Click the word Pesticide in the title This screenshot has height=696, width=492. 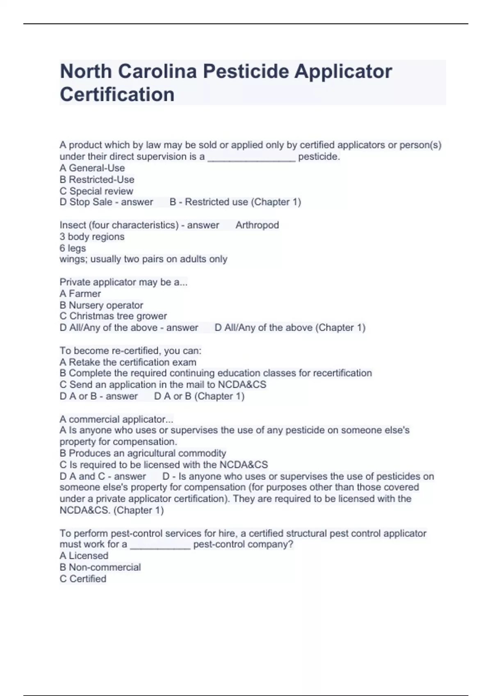tap(246, 72)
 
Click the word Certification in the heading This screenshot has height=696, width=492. tap(117, 95)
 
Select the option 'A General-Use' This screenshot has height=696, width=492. tap(92, 168)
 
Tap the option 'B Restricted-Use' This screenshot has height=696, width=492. tap(97, 179)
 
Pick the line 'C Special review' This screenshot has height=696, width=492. tap(96, 191)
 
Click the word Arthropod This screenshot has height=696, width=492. tap(257, 225)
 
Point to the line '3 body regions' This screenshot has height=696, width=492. tap(92, 237)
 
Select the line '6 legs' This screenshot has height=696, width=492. tap(73, 248)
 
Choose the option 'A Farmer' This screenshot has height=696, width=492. tap(80, 294)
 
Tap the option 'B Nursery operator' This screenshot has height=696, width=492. tap(101, 305)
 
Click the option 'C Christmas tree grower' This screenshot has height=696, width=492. tap(113, 316)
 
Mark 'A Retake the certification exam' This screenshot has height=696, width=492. tap(128, 362)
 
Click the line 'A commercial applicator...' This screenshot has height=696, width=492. tap(116, 419)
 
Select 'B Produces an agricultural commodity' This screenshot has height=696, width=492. tap(143, 453)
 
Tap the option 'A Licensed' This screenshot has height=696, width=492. tap(84, 556)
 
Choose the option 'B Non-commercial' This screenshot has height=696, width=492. tap(100, 567)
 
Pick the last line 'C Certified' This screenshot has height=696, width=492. tap(83, 578)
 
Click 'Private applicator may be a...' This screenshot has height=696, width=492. tap(123, 282)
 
